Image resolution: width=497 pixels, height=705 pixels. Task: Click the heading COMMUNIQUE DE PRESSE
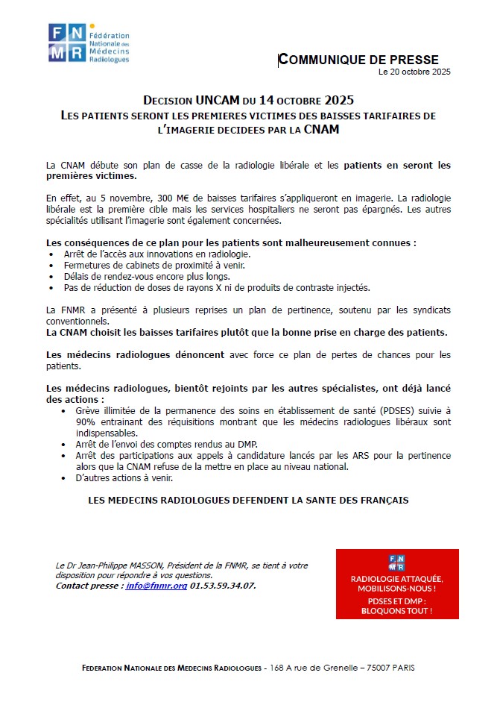tap(358, 60)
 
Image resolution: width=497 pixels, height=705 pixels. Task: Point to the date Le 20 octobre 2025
tap(414, 72)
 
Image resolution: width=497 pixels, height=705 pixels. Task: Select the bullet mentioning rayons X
tap(216, 287)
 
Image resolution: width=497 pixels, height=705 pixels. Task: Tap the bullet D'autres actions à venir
tap(123, 477)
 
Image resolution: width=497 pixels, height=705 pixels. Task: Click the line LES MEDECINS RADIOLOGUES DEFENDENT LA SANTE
tap(248, 501)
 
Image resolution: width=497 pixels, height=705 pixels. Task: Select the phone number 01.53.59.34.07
tap(223, 586)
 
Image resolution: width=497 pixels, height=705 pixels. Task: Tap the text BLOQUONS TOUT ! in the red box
tap(396, 610)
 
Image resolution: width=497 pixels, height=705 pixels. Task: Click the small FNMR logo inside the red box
tap(396, 563)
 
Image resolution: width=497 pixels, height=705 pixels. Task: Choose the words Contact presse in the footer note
tap(89, 586)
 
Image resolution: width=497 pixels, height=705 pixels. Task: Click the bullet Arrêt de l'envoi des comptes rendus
tap(153, 443)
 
